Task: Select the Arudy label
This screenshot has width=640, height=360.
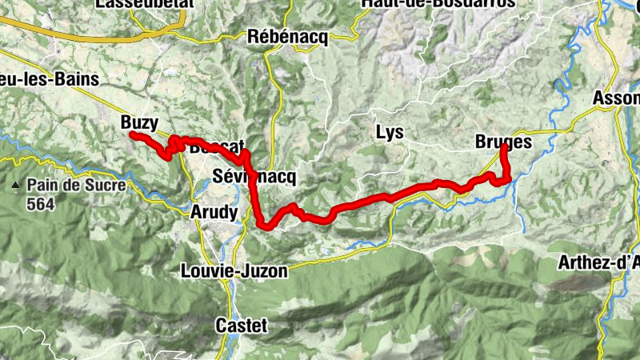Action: [214, 213]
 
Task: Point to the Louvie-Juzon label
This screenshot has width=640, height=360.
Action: [234, 271]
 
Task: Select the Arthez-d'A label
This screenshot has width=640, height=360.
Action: [599, 262]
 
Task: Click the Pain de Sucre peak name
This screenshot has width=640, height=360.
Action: [75, 186]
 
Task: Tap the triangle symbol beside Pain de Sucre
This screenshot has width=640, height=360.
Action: [14, 186]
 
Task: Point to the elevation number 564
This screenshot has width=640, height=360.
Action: [39, 204]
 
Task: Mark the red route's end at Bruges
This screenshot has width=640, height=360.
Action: [503, 148]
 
